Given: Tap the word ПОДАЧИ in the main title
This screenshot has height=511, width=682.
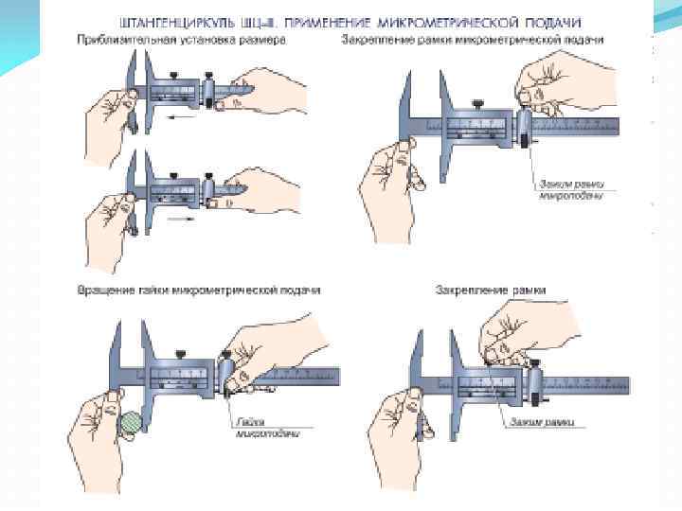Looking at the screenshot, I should [551, 20].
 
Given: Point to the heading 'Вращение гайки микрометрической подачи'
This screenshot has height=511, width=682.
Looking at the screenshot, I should [199, 290].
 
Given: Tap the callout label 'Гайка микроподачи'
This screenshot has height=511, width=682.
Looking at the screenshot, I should [268, 429].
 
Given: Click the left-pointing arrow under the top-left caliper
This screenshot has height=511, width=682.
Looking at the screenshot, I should [181, 118].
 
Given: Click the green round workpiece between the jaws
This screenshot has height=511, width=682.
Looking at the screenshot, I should [131, 421].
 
